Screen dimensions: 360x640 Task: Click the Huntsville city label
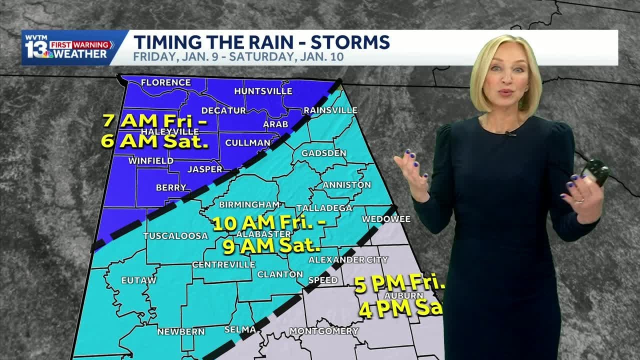pos(263,91)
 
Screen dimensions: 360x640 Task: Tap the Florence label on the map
pos(166,82)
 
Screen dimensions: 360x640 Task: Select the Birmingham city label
pos(249,204)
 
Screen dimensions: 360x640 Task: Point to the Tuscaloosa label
pos(168,235)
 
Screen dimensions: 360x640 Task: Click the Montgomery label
pos(324,331)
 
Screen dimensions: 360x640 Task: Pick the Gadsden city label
pos(324,152)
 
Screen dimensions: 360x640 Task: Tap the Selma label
pos(240,329)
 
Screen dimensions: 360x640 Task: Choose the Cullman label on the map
pos(247,142)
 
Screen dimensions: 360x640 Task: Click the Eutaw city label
pos(139,280)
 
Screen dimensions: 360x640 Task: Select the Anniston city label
pos(347,184)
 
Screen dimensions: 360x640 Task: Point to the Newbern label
pos(181,331)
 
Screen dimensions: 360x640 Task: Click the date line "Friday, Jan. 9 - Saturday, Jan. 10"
pos(238,56)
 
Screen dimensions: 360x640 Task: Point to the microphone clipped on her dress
pos(509,133)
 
